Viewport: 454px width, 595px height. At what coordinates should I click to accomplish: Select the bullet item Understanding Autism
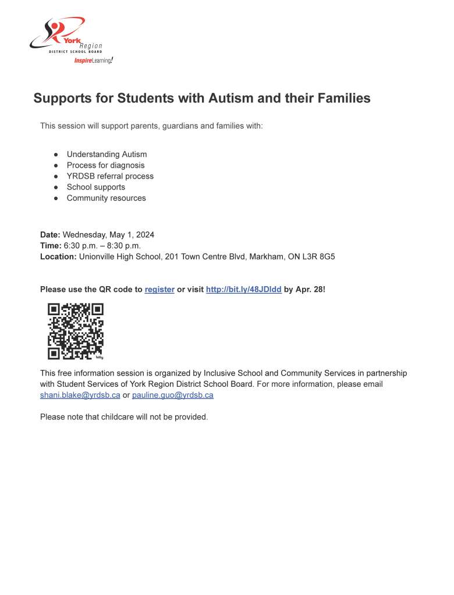tap(107, 154)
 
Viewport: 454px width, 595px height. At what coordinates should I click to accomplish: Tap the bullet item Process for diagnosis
tap(105, 165)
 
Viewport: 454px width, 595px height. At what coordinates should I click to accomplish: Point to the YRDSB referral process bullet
tap(110, 176)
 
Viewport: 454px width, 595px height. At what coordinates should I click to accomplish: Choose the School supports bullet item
tap(95, 187)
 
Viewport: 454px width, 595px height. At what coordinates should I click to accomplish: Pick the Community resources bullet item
tap(106, 198)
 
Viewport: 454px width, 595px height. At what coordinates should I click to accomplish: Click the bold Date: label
tap(50, 235)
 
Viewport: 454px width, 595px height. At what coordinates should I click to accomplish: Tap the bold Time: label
tap(51, 245)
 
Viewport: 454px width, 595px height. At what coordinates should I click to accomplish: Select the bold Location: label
tap(58, 256)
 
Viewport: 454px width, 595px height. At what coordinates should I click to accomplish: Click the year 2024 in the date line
tap(144, 235)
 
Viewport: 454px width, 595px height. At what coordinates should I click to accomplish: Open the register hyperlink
tap(159, 290)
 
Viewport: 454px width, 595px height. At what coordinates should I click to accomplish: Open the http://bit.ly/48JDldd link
tap(243, 290)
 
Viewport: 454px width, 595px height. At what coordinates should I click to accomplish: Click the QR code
tap(75, 331)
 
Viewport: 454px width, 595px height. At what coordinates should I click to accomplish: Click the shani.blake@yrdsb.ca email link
tap(80, 396)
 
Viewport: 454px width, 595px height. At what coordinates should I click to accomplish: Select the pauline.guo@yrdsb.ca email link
tap(173, 396)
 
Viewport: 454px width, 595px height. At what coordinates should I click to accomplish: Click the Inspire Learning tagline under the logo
tap(93, 60)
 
